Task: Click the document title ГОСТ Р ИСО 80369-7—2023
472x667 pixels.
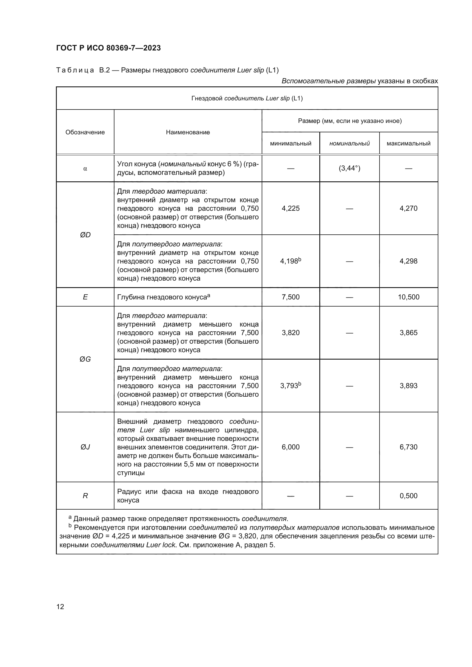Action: point(108,48)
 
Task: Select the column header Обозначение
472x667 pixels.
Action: point(85,132)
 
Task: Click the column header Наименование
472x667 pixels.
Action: point(188,132)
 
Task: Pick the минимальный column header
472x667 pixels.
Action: point(291,143)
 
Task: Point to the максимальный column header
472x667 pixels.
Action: point(408,143)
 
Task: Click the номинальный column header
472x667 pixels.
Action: point(349,143)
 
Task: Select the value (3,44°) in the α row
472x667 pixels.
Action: point(349,168)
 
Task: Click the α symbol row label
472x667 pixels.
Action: point(85,169)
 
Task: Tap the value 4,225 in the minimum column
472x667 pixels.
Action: point(291,208)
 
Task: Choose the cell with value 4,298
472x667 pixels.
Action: point(408,261)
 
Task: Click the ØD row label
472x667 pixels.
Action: point(85,235)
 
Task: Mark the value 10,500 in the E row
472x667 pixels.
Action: point(408,297)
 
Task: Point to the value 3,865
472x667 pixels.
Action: point(408,333)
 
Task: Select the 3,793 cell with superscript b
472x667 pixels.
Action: point(291,386)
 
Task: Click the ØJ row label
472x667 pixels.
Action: point(85,447)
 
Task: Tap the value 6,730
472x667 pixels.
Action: point(408,447)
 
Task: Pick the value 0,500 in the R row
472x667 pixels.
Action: point(408,496)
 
